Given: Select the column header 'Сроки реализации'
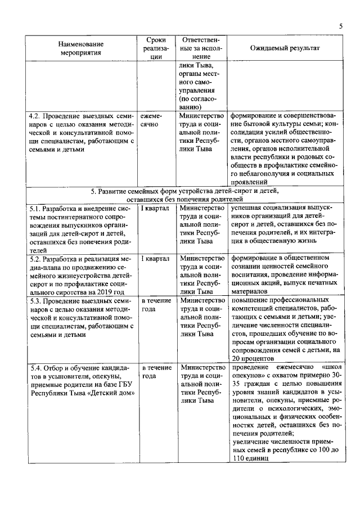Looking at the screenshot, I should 155,48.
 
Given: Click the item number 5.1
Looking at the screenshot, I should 37,208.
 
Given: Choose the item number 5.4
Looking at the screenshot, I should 37,368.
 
